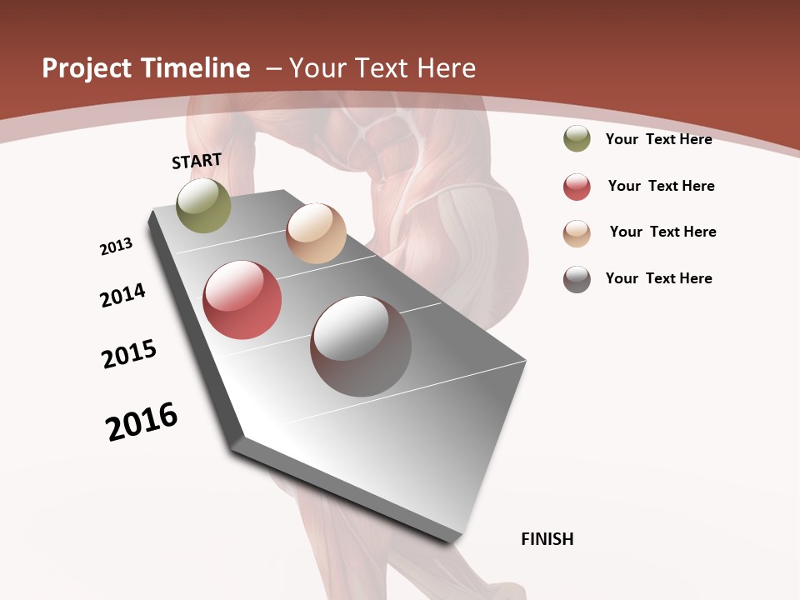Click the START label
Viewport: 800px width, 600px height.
197,161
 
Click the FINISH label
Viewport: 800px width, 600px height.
547,539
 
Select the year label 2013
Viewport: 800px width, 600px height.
116,247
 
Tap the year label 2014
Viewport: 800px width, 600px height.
122,295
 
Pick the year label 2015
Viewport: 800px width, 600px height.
129,354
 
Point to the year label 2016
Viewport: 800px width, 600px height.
142,422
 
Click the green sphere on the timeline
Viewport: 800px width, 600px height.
204,206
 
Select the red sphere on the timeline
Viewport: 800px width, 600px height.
242,300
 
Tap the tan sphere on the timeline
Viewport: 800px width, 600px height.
316,233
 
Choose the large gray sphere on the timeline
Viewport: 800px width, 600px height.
361,346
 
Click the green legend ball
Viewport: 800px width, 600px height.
577,139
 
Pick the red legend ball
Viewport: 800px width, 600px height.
577,187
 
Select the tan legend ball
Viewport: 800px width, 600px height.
577,233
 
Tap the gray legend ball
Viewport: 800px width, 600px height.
577,279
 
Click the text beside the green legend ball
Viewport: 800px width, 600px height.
658,139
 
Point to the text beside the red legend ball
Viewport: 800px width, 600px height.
661,186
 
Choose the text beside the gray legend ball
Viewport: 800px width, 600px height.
658,278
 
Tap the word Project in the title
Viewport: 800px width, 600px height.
85,68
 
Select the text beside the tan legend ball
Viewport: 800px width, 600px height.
662,232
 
